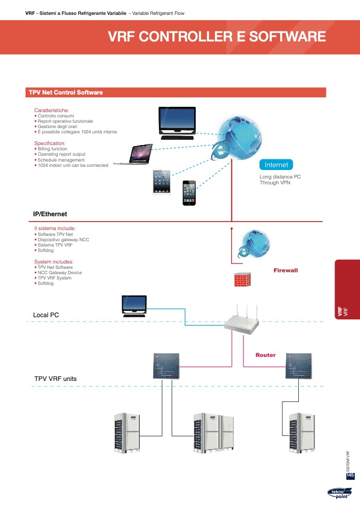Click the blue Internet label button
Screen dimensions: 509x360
click(x=276, y=165)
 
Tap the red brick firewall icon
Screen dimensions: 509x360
click(x=242, y=279)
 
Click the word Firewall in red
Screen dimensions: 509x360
click(x=286, y=270)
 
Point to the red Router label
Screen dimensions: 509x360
click(x=265, y=355)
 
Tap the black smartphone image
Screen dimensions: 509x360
click(x=189, y=192)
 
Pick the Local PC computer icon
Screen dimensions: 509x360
click(x=134, y=306)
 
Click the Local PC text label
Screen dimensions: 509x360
click(x=46, y=315)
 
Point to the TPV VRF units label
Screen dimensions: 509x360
click(x=55, y=379)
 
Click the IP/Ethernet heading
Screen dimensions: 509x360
click(x=50, y=214)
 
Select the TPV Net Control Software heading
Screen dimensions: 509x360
click(x=65, y=92)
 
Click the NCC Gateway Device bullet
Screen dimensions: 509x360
click(x=60, y=273)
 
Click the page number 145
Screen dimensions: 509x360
click(x=350, y=475)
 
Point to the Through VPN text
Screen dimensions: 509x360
click(x=275, y=183)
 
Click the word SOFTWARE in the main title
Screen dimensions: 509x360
click(x=286, y=37)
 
